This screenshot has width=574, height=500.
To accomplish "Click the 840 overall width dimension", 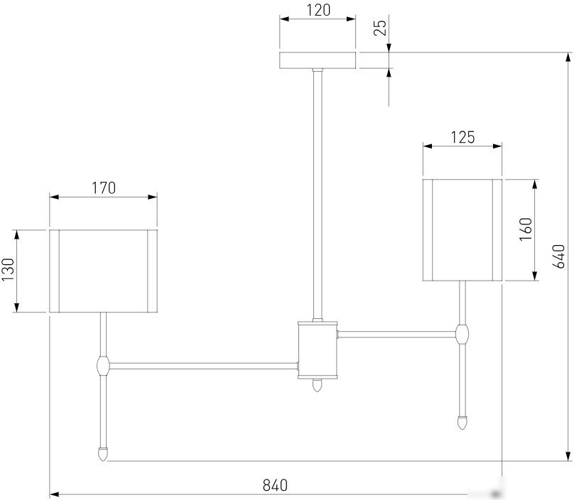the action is [x=275, y=485].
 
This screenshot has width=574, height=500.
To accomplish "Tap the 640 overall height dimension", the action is [x=559, y=256].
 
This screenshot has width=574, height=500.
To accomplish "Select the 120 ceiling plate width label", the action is [x=318, y=10].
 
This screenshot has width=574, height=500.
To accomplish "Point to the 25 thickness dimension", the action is [x=380, y=28].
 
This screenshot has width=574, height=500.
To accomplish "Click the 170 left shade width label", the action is [x=103, y=188].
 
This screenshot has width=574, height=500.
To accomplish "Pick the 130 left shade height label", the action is [x=8, y=269].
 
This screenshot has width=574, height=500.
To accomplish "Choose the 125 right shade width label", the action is [x=462, y=137].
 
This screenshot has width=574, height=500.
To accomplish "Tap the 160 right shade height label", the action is [x=526, y=229].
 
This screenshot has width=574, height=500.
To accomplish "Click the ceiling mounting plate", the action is [x=318, y=60].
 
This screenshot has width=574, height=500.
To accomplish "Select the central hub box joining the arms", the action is [x=318, y=350].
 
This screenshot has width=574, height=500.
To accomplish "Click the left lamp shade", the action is [x=103, y=271].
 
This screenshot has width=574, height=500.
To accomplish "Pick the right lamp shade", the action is [x=462, y=230].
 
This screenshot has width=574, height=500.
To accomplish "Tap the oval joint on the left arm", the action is [x=103, y=365].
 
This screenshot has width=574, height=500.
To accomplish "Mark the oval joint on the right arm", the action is [x=462, y=335].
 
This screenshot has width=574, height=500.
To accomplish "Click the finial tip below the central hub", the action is [x=317, y=386].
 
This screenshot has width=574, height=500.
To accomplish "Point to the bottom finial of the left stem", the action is [x=104, y=454].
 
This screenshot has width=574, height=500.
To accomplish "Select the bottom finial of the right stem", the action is [x=462, y=423].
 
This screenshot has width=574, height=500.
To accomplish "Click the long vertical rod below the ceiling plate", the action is [x=318, y=194].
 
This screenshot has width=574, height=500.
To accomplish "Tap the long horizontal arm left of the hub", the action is [x=204, y=366].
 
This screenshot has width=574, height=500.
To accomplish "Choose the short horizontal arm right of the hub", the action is [x=397, y=335].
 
